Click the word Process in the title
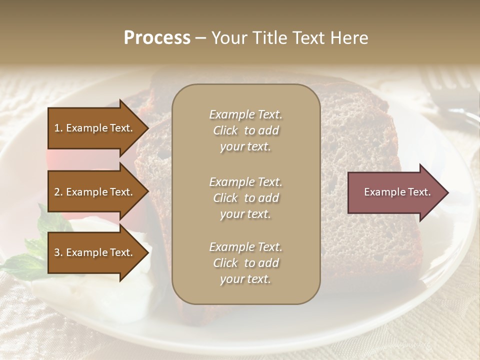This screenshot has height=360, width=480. [x=157, y=38]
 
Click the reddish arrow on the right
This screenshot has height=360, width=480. [x=395, y=192]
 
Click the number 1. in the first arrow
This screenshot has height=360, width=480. [x=58, y=128]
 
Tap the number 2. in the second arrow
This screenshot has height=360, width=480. [x=58, y=192]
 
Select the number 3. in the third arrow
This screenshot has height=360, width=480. [x=58, y=252]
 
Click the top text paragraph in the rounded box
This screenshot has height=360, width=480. [x=245, y=130]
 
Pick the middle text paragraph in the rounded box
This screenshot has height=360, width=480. [x=245, y=198]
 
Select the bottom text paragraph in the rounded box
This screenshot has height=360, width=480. [x=245, y=263]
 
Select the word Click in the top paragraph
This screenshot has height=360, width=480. [x=225, y=130]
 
